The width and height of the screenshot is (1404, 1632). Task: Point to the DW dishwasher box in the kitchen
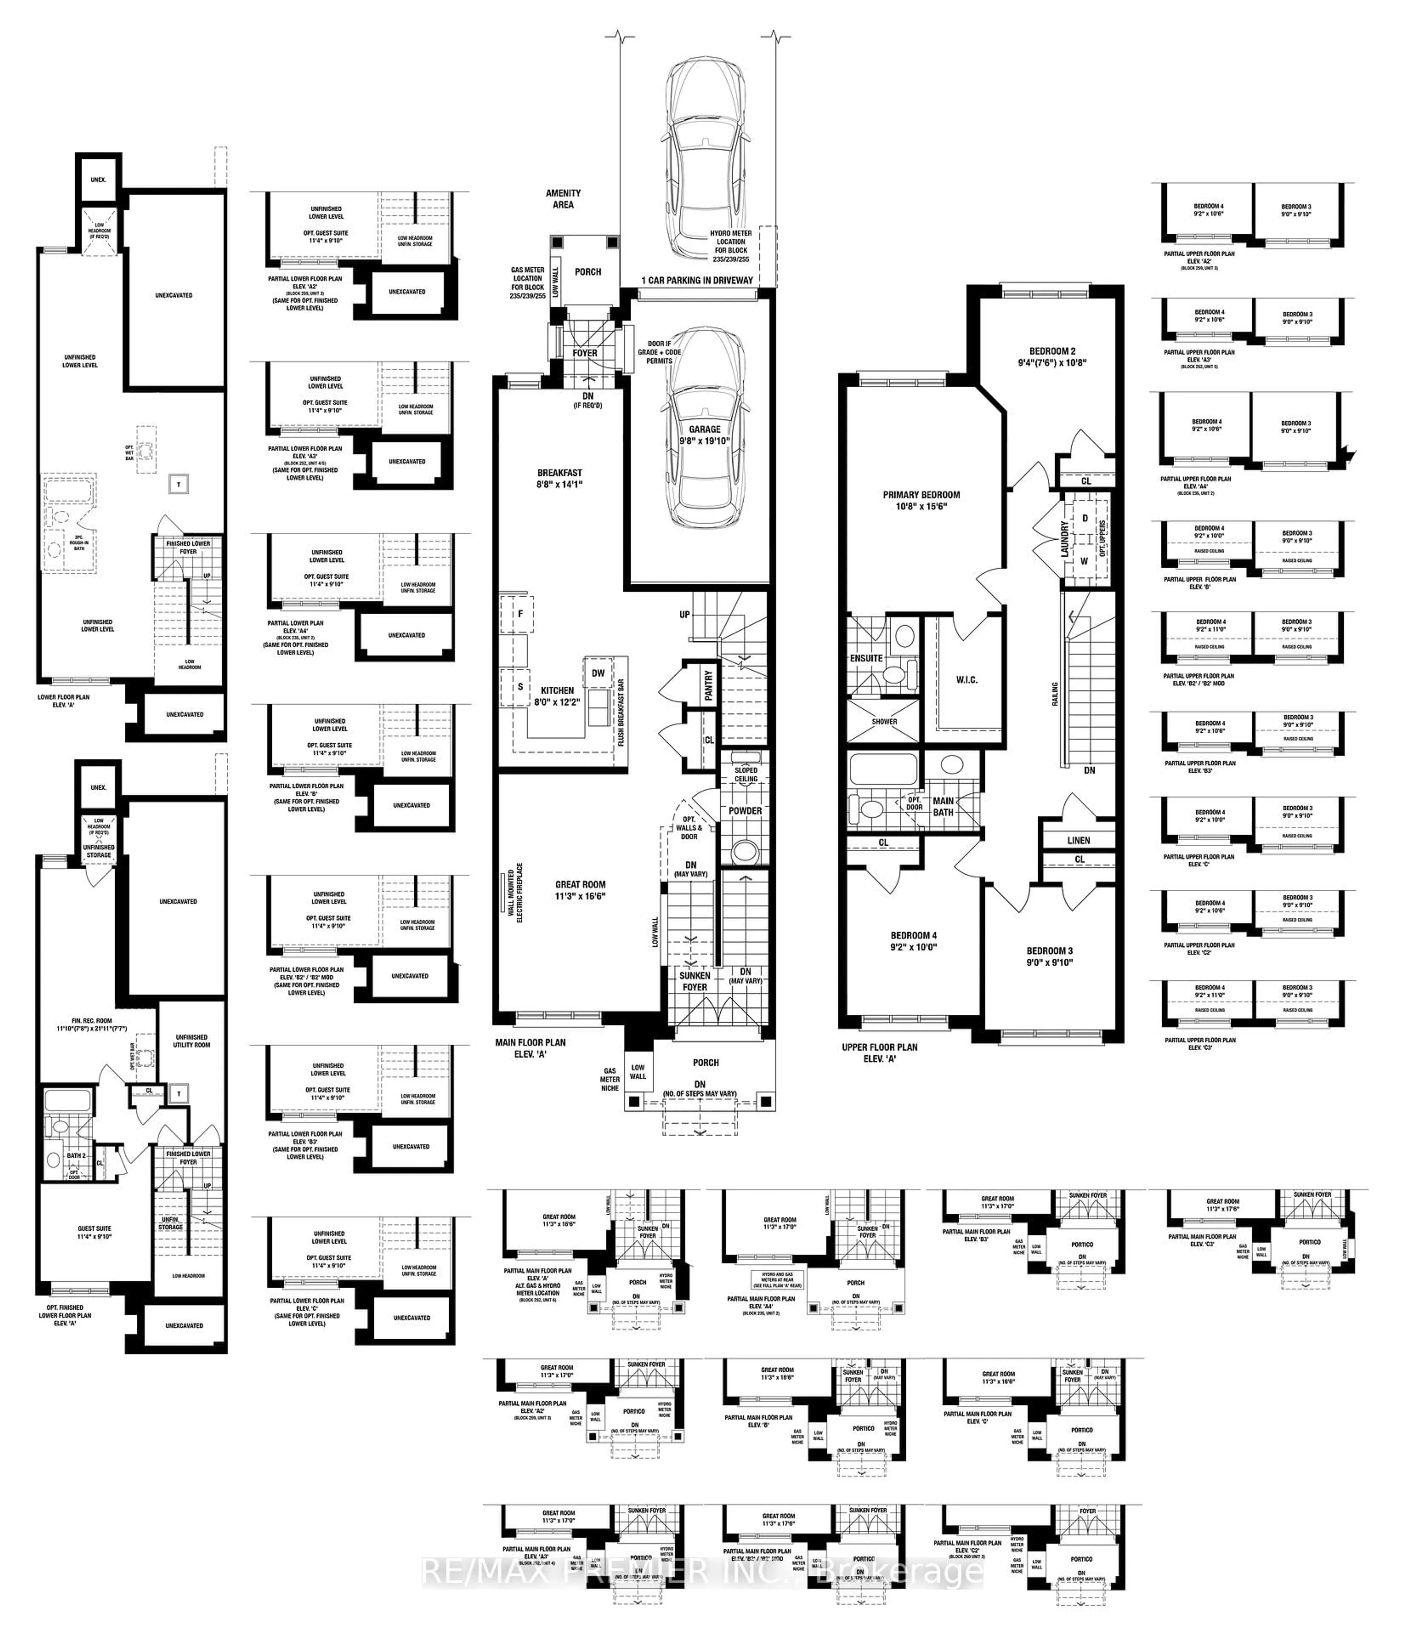[x=599, y=672]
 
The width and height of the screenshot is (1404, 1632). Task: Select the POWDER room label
[x=745, y=810]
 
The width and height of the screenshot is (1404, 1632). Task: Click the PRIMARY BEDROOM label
[x=921, y=500]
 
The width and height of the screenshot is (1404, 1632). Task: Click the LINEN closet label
[x=1078, y=840]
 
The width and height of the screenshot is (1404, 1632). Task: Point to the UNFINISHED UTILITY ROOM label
[x=191, y=1040]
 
